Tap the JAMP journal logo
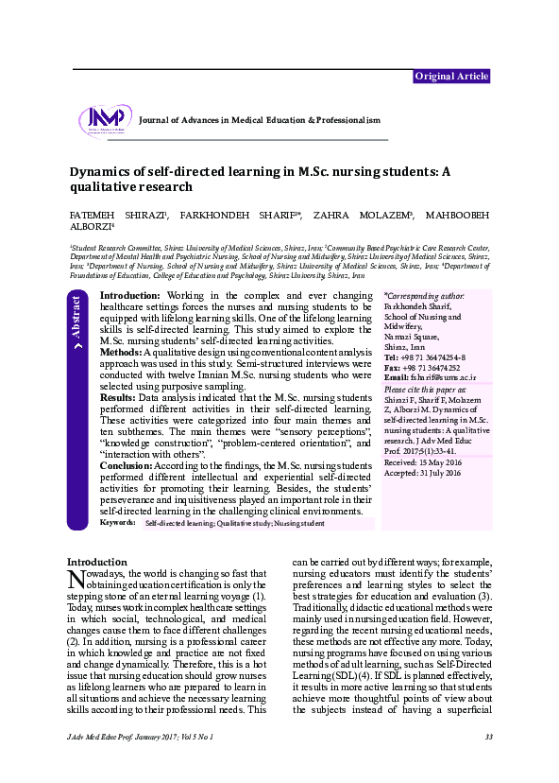point(105,120)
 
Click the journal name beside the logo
point(259,121)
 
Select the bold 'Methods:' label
point(120,352)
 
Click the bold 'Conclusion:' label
point(126,465)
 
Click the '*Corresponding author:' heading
point(425,297)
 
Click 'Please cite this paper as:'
point(425,391)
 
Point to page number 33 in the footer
point(488,736)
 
